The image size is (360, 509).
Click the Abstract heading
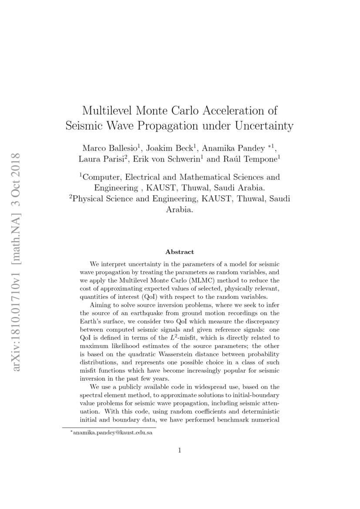pyautogui.click(x=179, y=252)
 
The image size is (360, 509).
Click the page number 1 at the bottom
pyautogui.click(x=179, y=450)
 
